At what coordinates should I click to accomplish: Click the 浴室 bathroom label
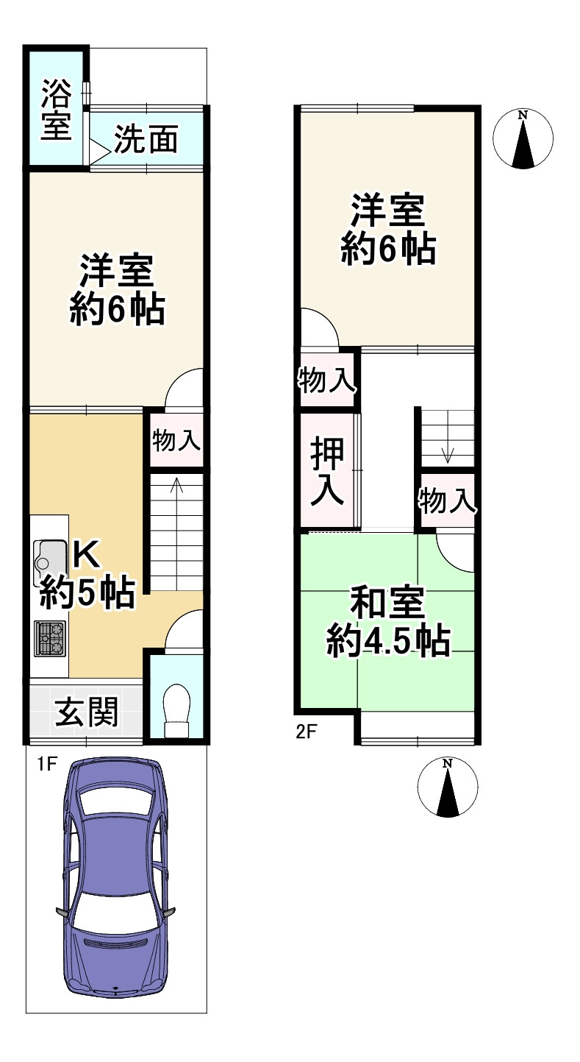coord(56,110)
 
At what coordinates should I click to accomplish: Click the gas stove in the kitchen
coord(49,637)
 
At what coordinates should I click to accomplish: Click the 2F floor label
coord(306,733)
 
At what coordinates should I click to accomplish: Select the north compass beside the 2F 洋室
coord(523,138)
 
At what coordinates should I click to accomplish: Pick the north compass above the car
coord(447,787)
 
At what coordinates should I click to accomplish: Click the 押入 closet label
coord(327,472)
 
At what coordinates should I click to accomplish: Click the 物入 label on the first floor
coord(176,442)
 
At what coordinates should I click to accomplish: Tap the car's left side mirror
coord(62,913)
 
